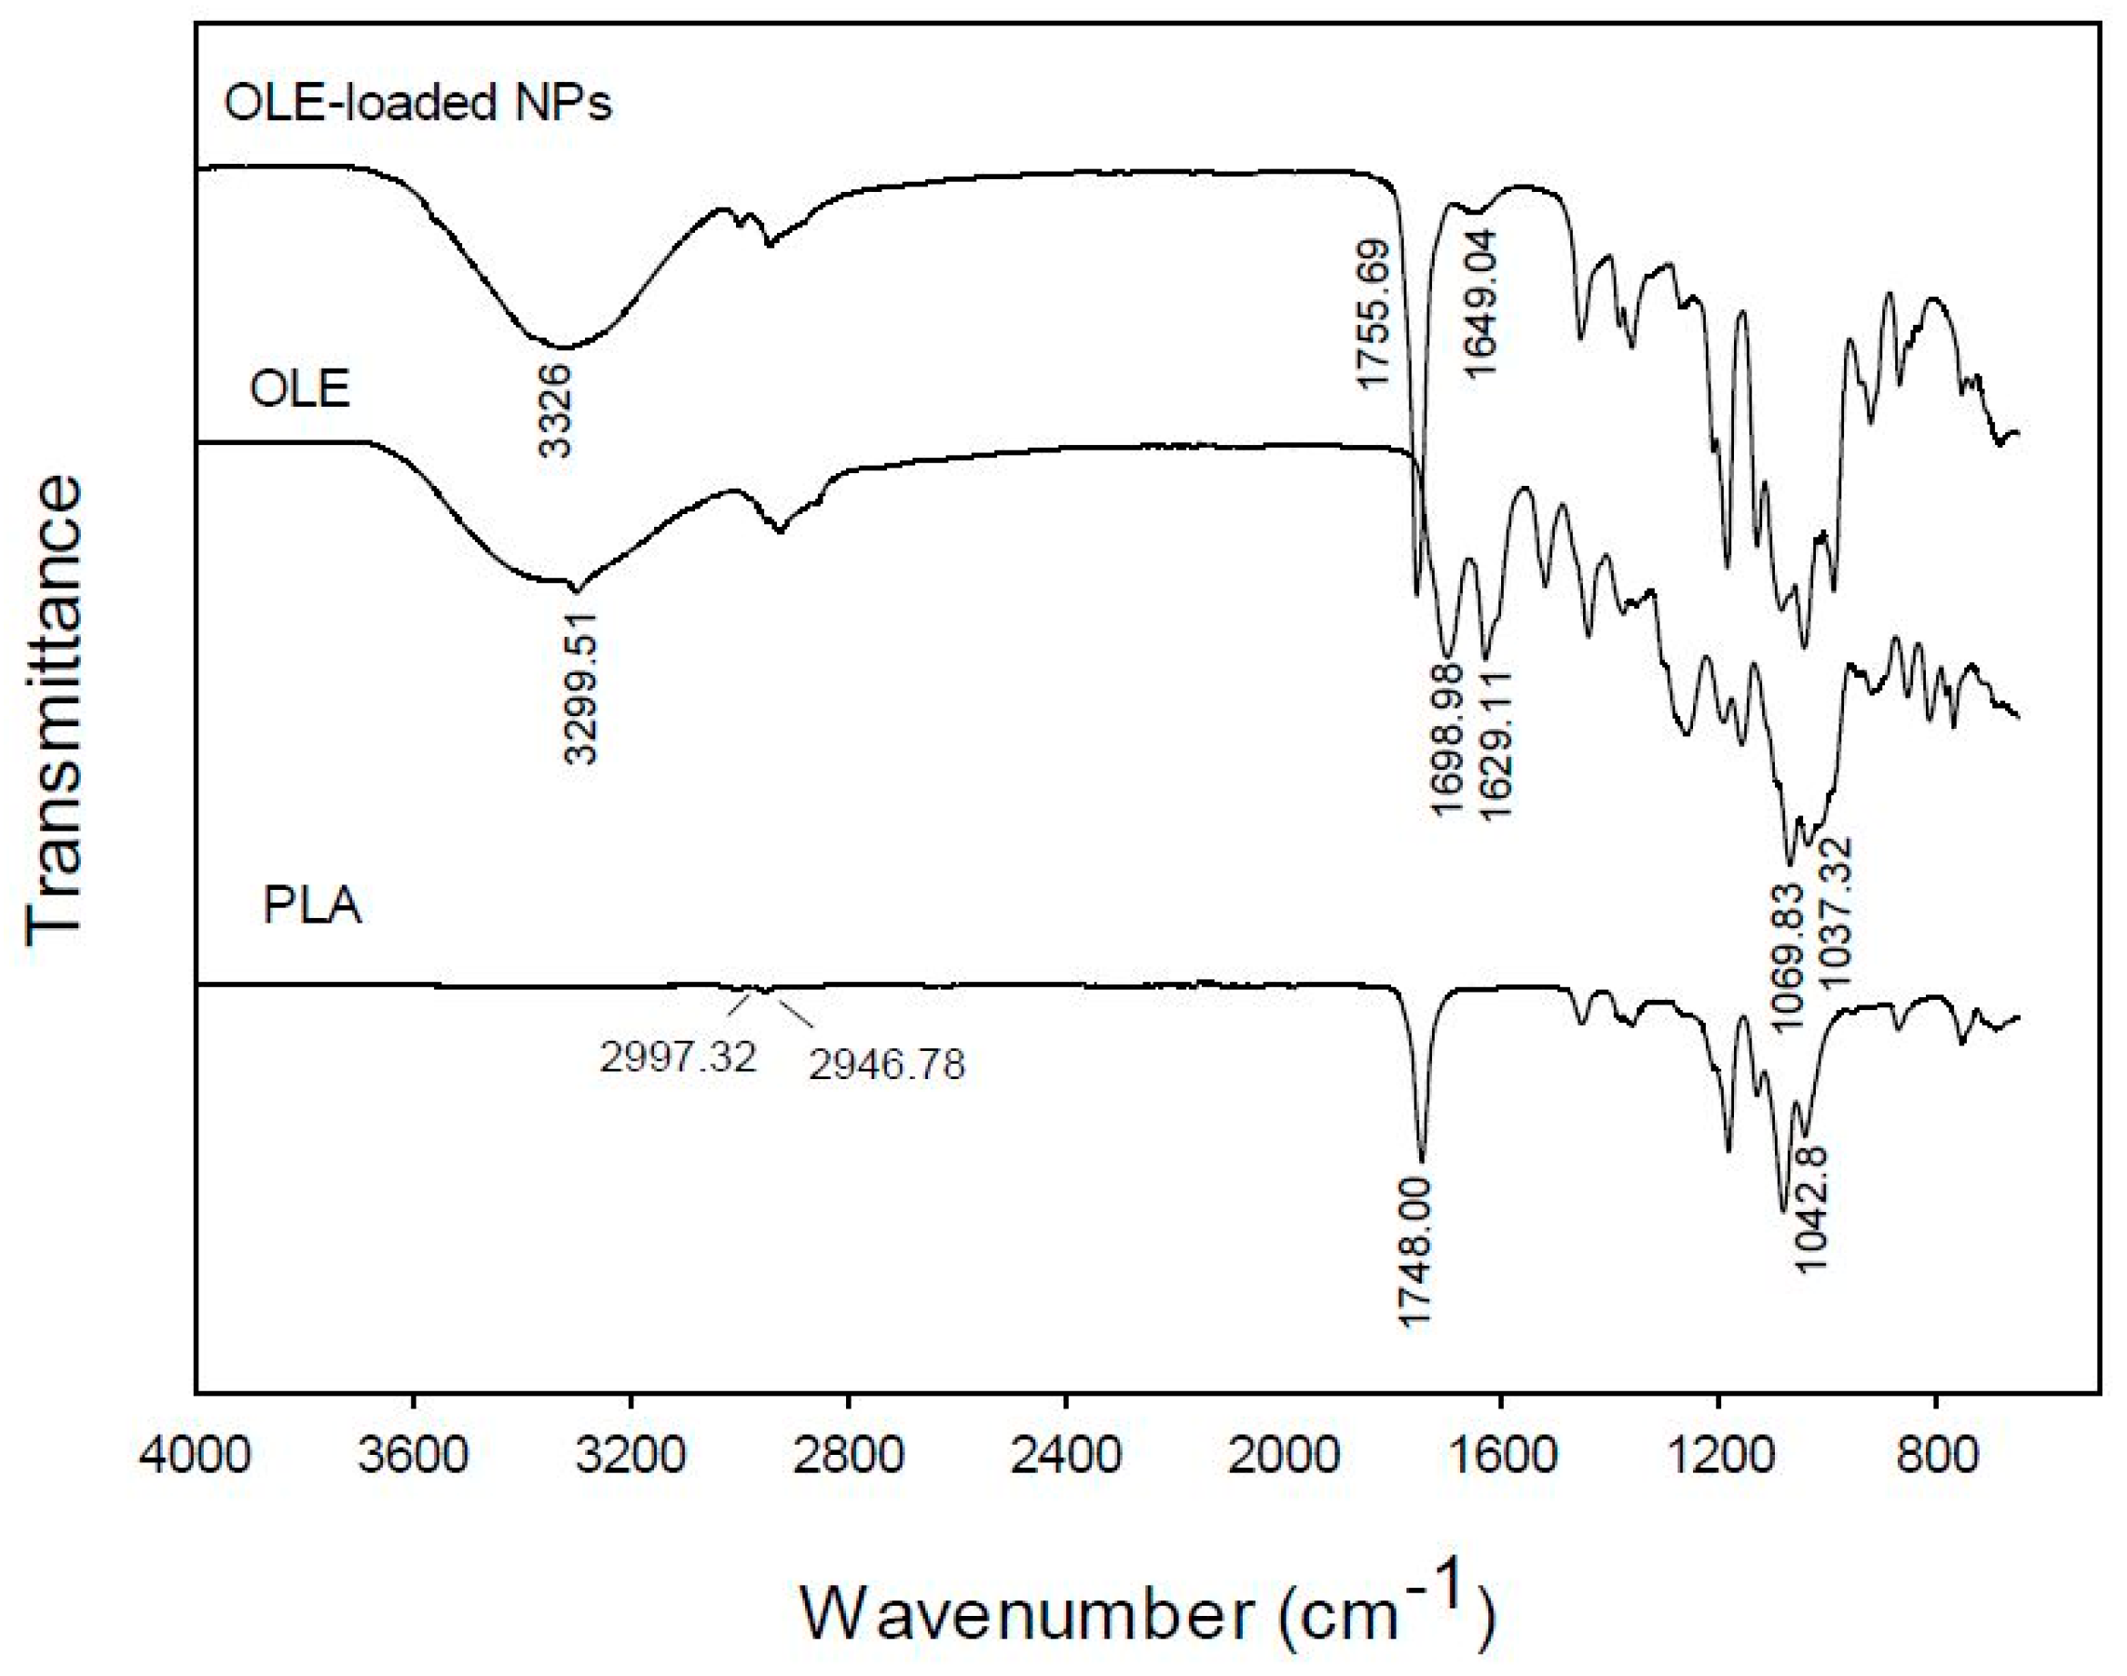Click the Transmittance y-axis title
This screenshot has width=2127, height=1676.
(55, 711)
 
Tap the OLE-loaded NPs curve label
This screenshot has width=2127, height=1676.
(418, 103)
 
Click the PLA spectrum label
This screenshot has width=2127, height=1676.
(312, 904)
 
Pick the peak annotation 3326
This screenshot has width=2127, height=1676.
(555, 410)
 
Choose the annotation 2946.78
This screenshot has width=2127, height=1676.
(887, 1065)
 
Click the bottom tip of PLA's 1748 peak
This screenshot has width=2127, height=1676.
(1423, 1159)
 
